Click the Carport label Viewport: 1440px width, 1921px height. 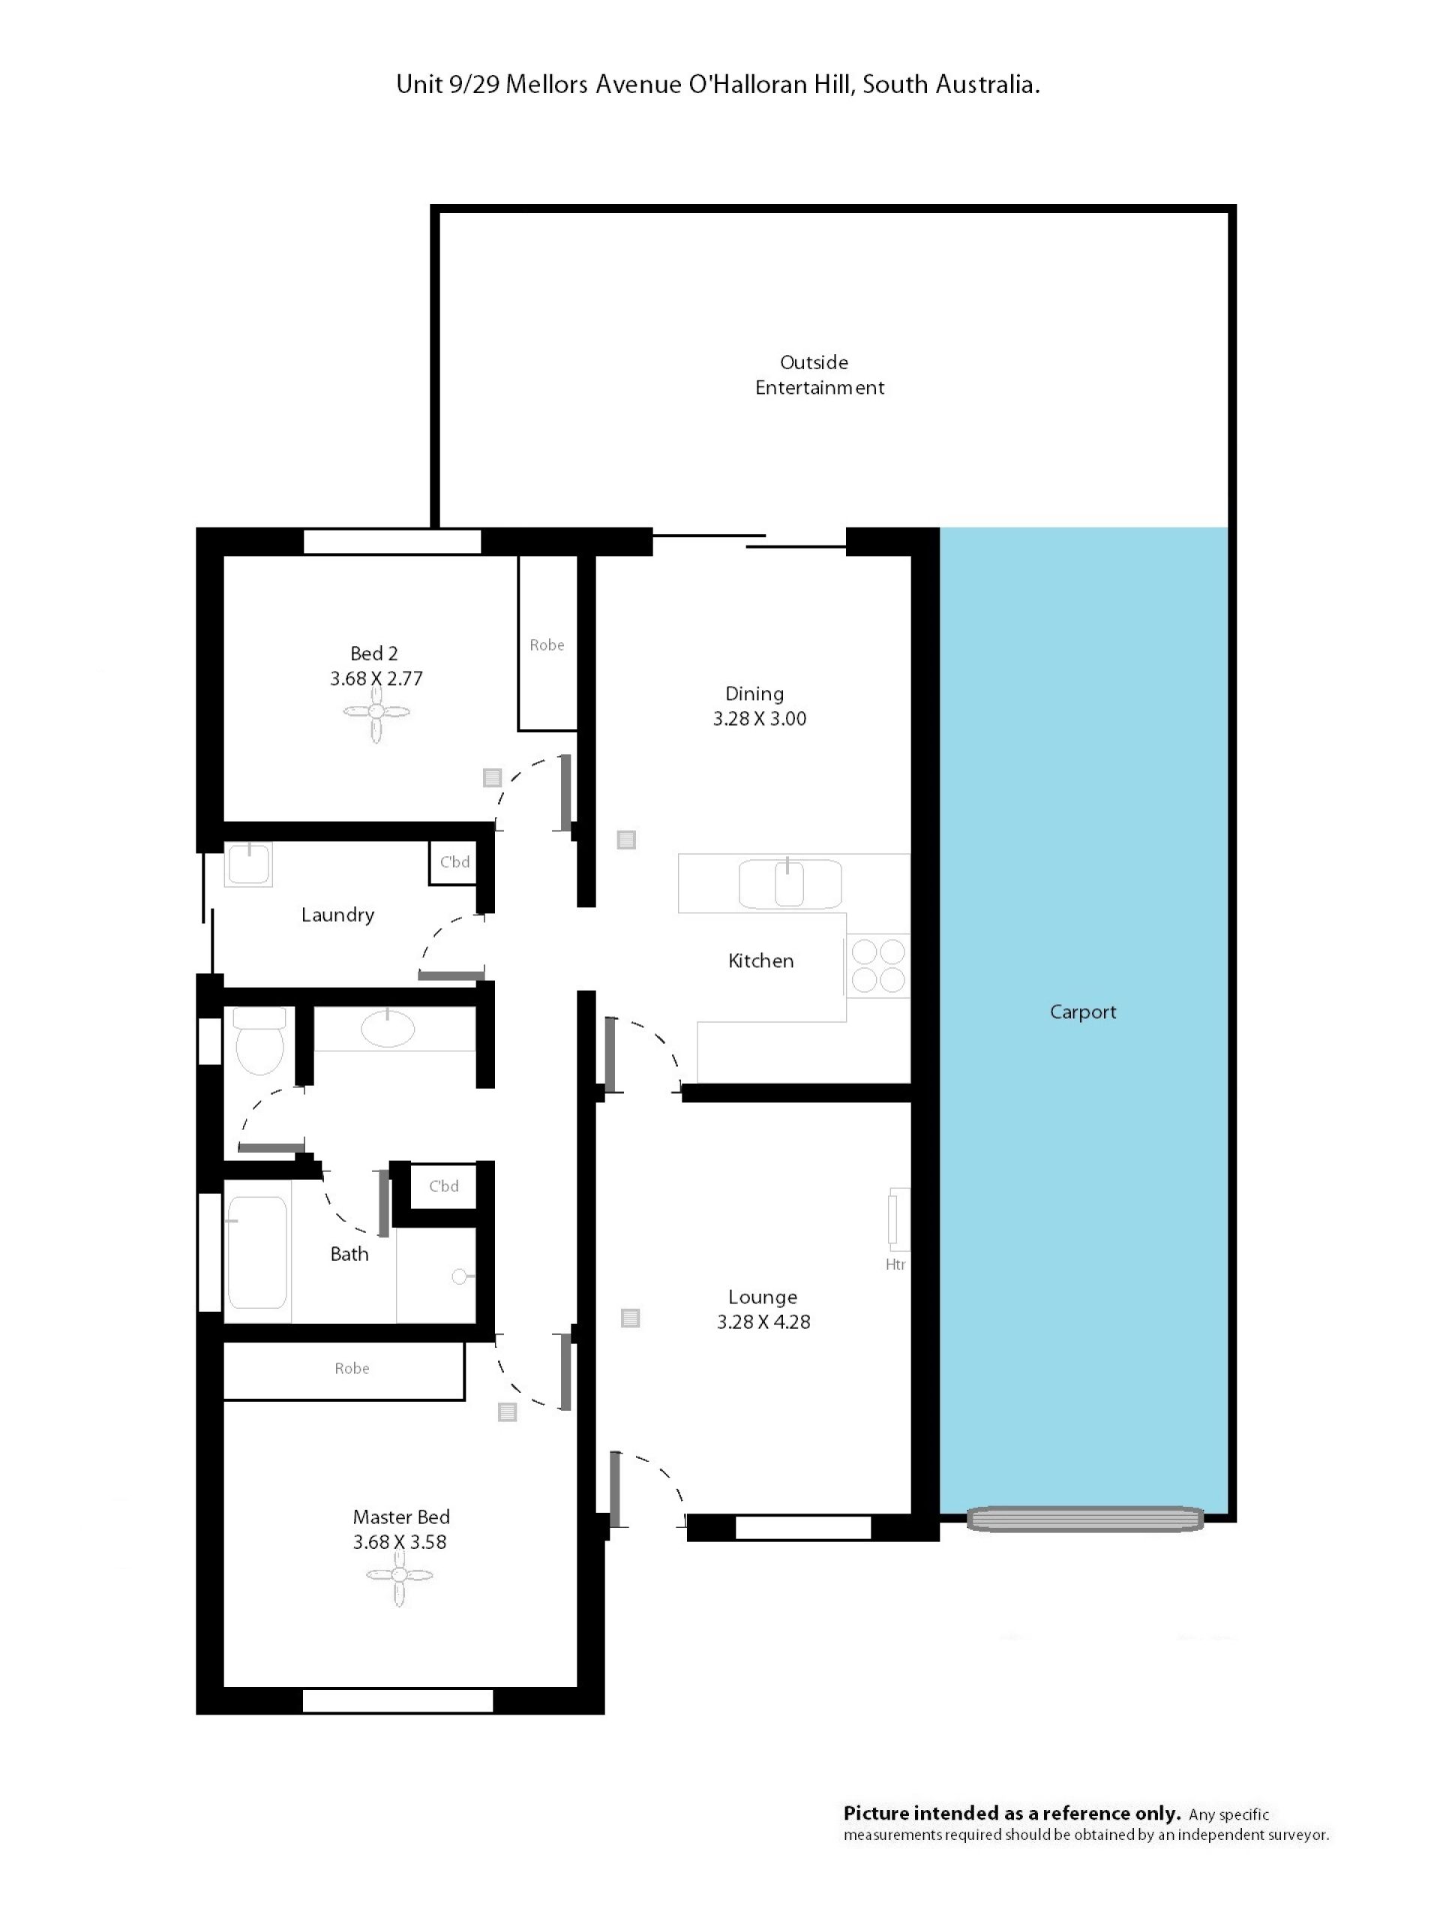(1082, 1012)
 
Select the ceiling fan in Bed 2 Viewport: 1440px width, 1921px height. (376, 712)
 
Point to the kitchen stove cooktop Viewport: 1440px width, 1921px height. (877, 965)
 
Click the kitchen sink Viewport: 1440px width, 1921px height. (789, 883)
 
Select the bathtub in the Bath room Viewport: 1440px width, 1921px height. (257, 1252)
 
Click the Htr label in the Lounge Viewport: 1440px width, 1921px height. (895, 1264)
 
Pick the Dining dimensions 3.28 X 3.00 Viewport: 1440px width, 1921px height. (760, 718)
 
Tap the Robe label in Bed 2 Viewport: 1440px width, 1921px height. (547, 645)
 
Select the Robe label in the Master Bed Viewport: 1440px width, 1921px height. (352, 1369)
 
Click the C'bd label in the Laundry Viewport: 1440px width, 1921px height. (454, 861)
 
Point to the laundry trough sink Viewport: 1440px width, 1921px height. (248, 864)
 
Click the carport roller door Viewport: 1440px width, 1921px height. (1085, 1519)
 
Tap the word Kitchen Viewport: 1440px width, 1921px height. (760, 960)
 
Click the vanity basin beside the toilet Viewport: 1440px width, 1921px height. (387, 1028)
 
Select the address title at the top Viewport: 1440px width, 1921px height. (718, 84)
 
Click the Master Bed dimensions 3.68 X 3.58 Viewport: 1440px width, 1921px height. (399, 1541)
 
